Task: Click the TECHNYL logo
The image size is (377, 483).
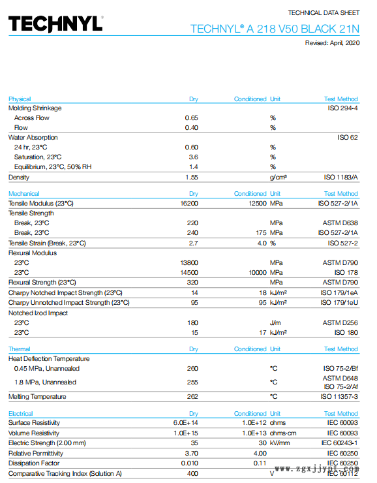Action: click(x=55, y=24)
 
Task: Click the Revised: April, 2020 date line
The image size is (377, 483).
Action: click(x=332, y=43)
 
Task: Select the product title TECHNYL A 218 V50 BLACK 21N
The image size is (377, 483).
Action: click(x=275, y=29)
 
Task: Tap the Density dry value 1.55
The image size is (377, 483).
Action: click(x=191, y=177)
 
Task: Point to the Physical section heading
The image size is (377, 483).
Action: click(x=20, y=99)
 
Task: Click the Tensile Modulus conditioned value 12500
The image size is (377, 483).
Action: click(x=258, y=203)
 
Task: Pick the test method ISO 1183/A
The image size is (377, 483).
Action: click(x=340, y=177)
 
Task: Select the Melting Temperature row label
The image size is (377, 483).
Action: click(x=37, y=396)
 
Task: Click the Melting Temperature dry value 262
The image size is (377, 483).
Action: click(x=192, y=396)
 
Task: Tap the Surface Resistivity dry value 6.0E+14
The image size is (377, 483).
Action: click(x=186, y=423)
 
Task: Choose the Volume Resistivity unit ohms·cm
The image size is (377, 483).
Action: click(x=283, y=433)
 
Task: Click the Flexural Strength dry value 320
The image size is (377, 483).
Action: click(x=192, y=282)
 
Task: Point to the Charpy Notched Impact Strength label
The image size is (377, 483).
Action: click(x=65, y=292)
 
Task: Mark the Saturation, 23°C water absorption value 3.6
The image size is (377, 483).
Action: click(x=193, y=157)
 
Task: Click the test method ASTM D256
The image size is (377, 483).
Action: click(x=340, y=322)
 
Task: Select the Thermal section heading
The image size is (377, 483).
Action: click(x=20, y=349)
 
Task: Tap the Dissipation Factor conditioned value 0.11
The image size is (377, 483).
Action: click(x=260, y=463)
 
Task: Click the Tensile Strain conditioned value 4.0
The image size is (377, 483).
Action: click(x=262, y=243)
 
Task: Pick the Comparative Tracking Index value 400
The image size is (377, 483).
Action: click(x=192, y=473)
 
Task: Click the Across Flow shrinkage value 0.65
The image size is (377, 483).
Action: click(x=191, y=117)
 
